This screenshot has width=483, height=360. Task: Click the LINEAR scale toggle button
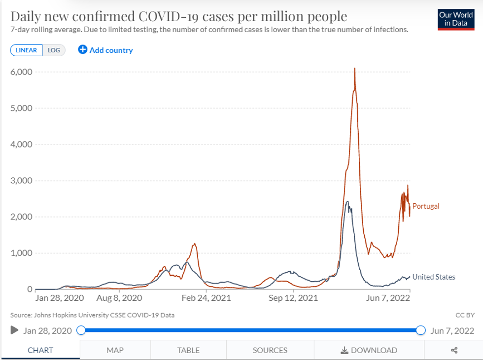26,50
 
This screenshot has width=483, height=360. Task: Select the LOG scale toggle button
54,50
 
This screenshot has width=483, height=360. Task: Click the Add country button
105,50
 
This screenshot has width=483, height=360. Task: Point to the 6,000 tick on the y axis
21,72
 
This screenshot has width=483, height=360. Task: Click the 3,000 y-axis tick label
21,180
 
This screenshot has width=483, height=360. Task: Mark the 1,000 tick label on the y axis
21,253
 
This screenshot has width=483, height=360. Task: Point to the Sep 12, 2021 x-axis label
294,298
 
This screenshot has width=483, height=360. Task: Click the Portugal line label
426,206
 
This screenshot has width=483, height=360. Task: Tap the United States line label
434,277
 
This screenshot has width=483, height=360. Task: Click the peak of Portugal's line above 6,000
354,69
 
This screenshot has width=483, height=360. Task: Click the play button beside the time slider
15,330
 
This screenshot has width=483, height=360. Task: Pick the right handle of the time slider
421,330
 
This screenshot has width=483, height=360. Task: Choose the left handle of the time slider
81,330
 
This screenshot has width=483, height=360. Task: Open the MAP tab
115,350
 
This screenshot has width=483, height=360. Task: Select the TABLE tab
188,350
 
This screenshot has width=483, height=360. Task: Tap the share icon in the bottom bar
454,350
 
